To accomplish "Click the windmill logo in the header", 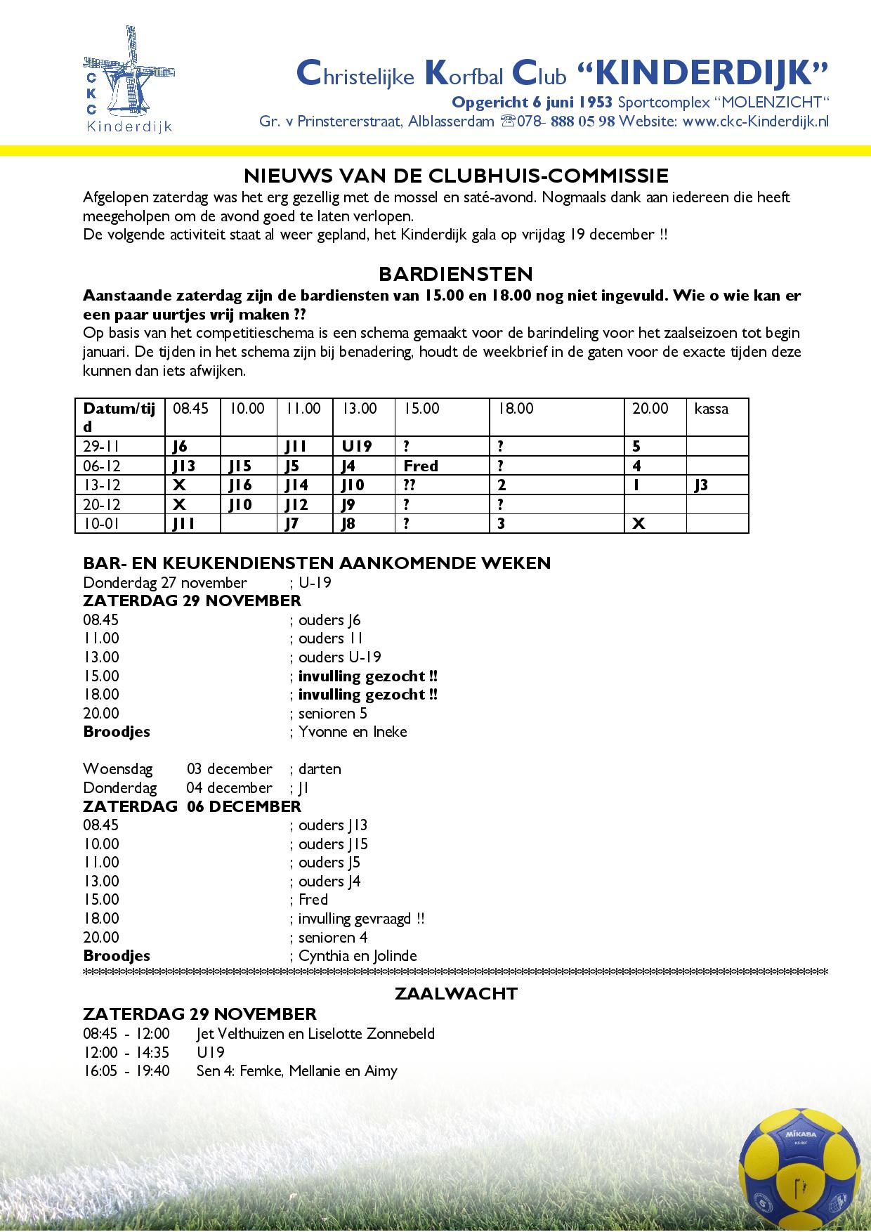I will pos(129,79).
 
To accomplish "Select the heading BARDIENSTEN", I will pos(455,273).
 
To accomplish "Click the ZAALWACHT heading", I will pos(456,994).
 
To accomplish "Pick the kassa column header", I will pos(711,409).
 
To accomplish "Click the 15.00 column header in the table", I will pos(421,409).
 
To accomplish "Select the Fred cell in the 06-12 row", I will pos(421,466).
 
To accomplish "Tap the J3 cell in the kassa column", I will pos(701,485).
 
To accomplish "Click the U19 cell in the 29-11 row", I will pos(357,446).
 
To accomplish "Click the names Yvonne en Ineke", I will pos(353,731).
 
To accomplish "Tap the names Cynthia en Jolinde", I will pos(358,955).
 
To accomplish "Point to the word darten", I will pos(320,768).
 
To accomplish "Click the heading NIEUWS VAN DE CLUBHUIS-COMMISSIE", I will pos(455,175).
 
